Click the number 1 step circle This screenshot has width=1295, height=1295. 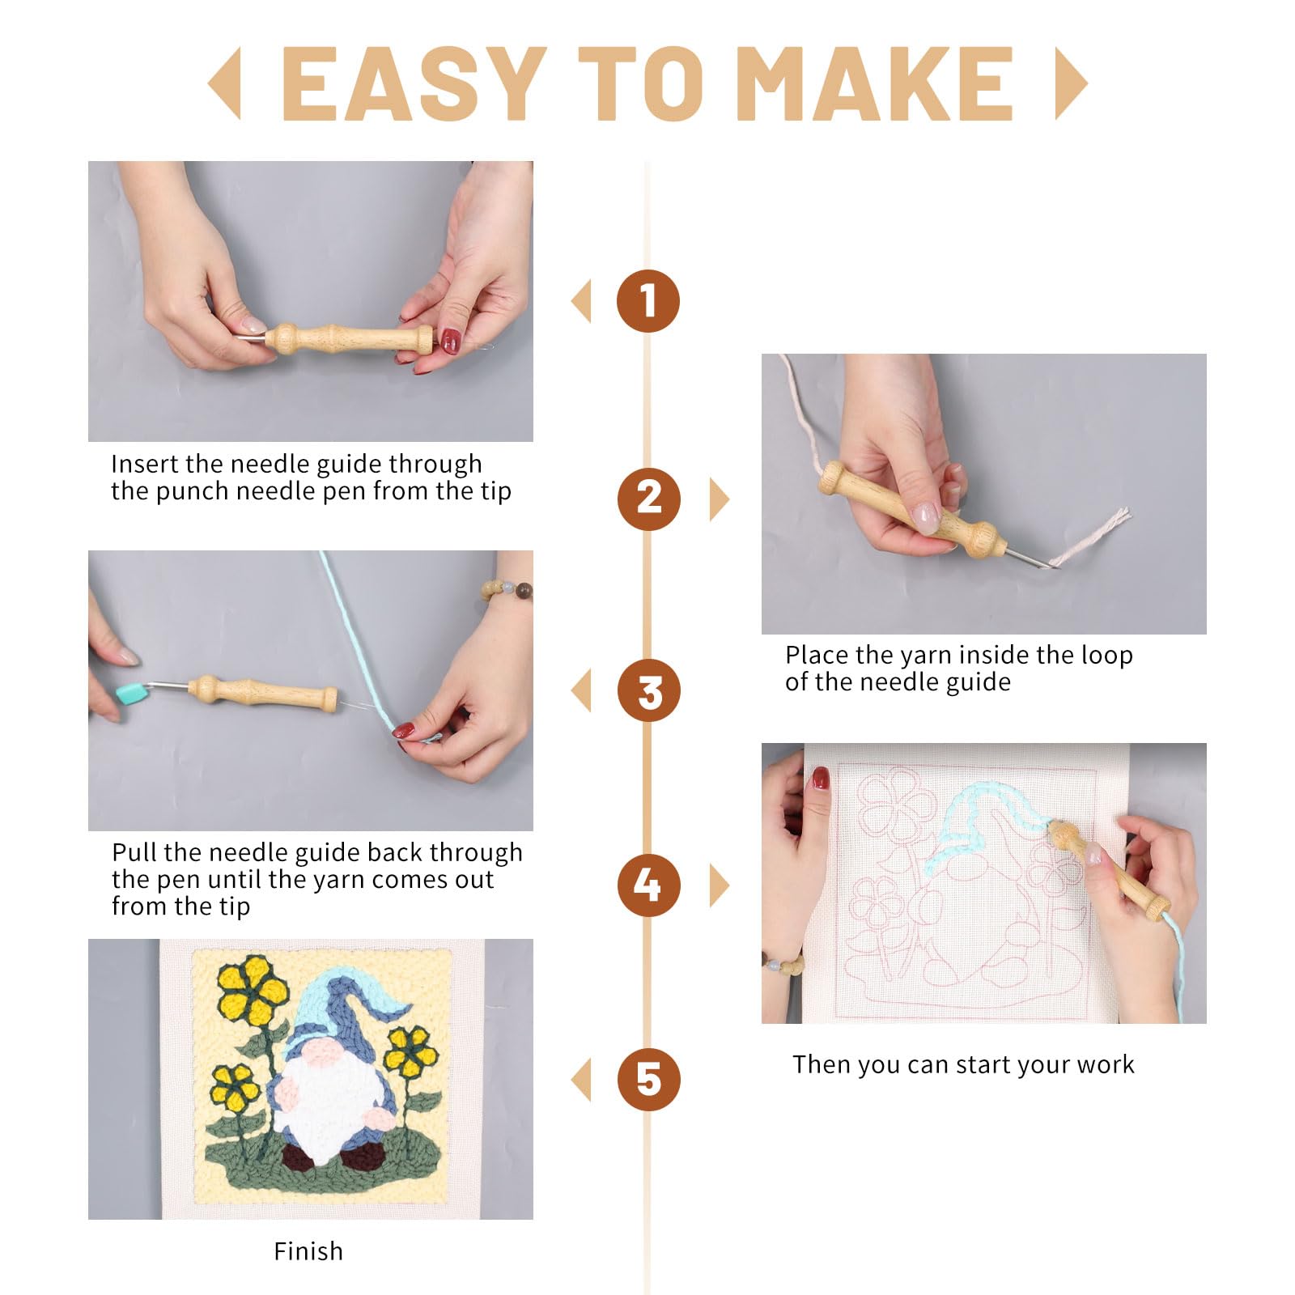[647, 301]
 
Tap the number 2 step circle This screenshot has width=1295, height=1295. [648, 499]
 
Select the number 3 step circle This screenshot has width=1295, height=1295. [648, 692]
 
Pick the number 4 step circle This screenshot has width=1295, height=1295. [648, 885]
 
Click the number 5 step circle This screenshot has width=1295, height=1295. [648, 1080]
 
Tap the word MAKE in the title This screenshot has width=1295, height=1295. [876, 83]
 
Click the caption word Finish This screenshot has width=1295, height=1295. [308, 1251]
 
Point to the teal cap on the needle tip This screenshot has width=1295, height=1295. [130, 691]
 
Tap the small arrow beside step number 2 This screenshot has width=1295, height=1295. [720, 499]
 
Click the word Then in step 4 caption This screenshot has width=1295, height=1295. [822, 1064]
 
